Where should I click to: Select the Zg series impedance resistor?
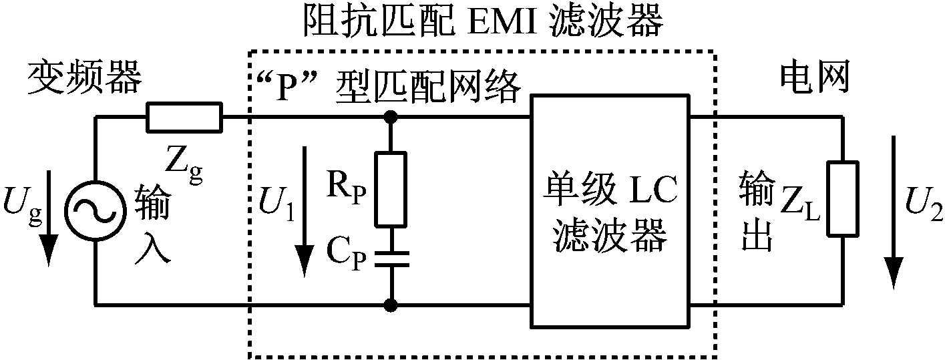click(x=184, y=118)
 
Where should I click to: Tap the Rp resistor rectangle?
click(x=390, y=189)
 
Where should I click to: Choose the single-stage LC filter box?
click(x=610, y=210)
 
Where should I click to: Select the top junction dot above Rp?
click(x=390, y=118)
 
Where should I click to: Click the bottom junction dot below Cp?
click(x=390, y=306)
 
